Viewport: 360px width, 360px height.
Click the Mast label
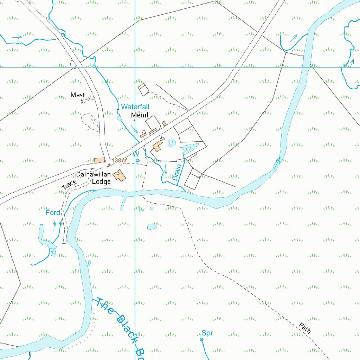pyautogui.click(x=78, y=95)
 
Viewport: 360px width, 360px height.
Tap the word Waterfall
pyautogui.click(x=135, y=107)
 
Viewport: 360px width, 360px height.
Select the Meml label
pyautogui.click(x=140, y=115)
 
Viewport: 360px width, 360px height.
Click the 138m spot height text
pyautogui.click(x=119, y=161)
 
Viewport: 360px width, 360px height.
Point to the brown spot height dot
pyautogui.click(x=109, y=164)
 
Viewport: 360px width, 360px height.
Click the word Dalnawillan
pyautogui.click(x=94, y=175)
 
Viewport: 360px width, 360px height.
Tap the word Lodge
pyautogui.click(x=101, y=182)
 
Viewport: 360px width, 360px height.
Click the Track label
pyautogui.click(x=69, y=185)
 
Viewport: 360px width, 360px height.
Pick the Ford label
pyautogui.click(x=53, y=213)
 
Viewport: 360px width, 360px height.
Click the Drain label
pyautogui.click(x=176, y=172)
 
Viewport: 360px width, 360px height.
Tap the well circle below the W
pyautogui.click(x=138, y=160)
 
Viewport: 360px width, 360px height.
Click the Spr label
pyautogui.click(x=207, y=333)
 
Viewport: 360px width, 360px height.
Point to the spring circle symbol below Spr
pyautogui.click(x=201, y=340)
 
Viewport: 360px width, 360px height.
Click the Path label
pyautogui.click(x=305, y=328)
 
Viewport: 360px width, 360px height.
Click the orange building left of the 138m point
pyautogui.click(x=99, y=161)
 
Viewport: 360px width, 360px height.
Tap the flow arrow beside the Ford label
pyautogui.click(x=54, y=225)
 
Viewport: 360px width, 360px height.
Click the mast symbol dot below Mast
pyautogui.click(x=82, y=101)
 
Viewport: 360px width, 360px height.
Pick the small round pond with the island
pyautogui.click(x=171, y=143)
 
